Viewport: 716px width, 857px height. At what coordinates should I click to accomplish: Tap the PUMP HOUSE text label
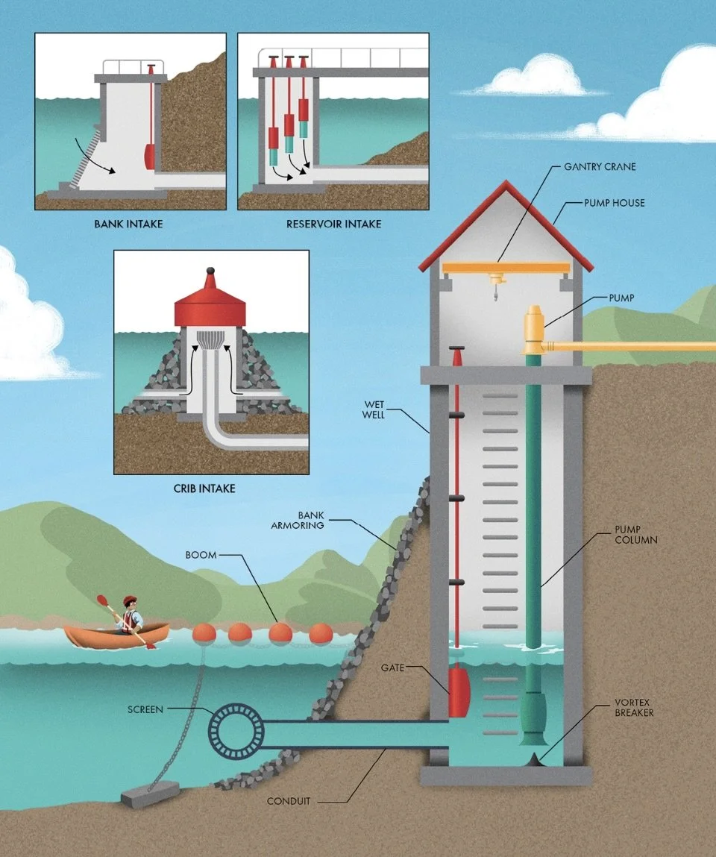(x=614, y=203)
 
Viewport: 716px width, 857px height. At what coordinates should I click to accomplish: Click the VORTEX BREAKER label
(x=635, y=708)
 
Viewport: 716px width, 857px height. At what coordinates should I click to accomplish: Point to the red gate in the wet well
(x=458, y=691)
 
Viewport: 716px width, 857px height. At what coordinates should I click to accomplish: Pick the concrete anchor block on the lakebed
(x=150, y=794)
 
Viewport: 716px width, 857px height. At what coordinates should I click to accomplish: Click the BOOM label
(x=201, y=556)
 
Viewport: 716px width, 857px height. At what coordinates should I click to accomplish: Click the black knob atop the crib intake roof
(x=210, y=270)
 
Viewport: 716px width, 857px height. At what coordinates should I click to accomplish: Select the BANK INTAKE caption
(x=128, y=223)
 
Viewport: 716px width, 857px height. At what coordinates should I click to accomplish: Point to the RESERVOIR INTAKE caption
(x=333, y=223)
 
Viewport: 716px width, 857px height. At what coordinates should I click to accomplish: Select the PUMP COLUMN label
(x=635, y=534)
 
